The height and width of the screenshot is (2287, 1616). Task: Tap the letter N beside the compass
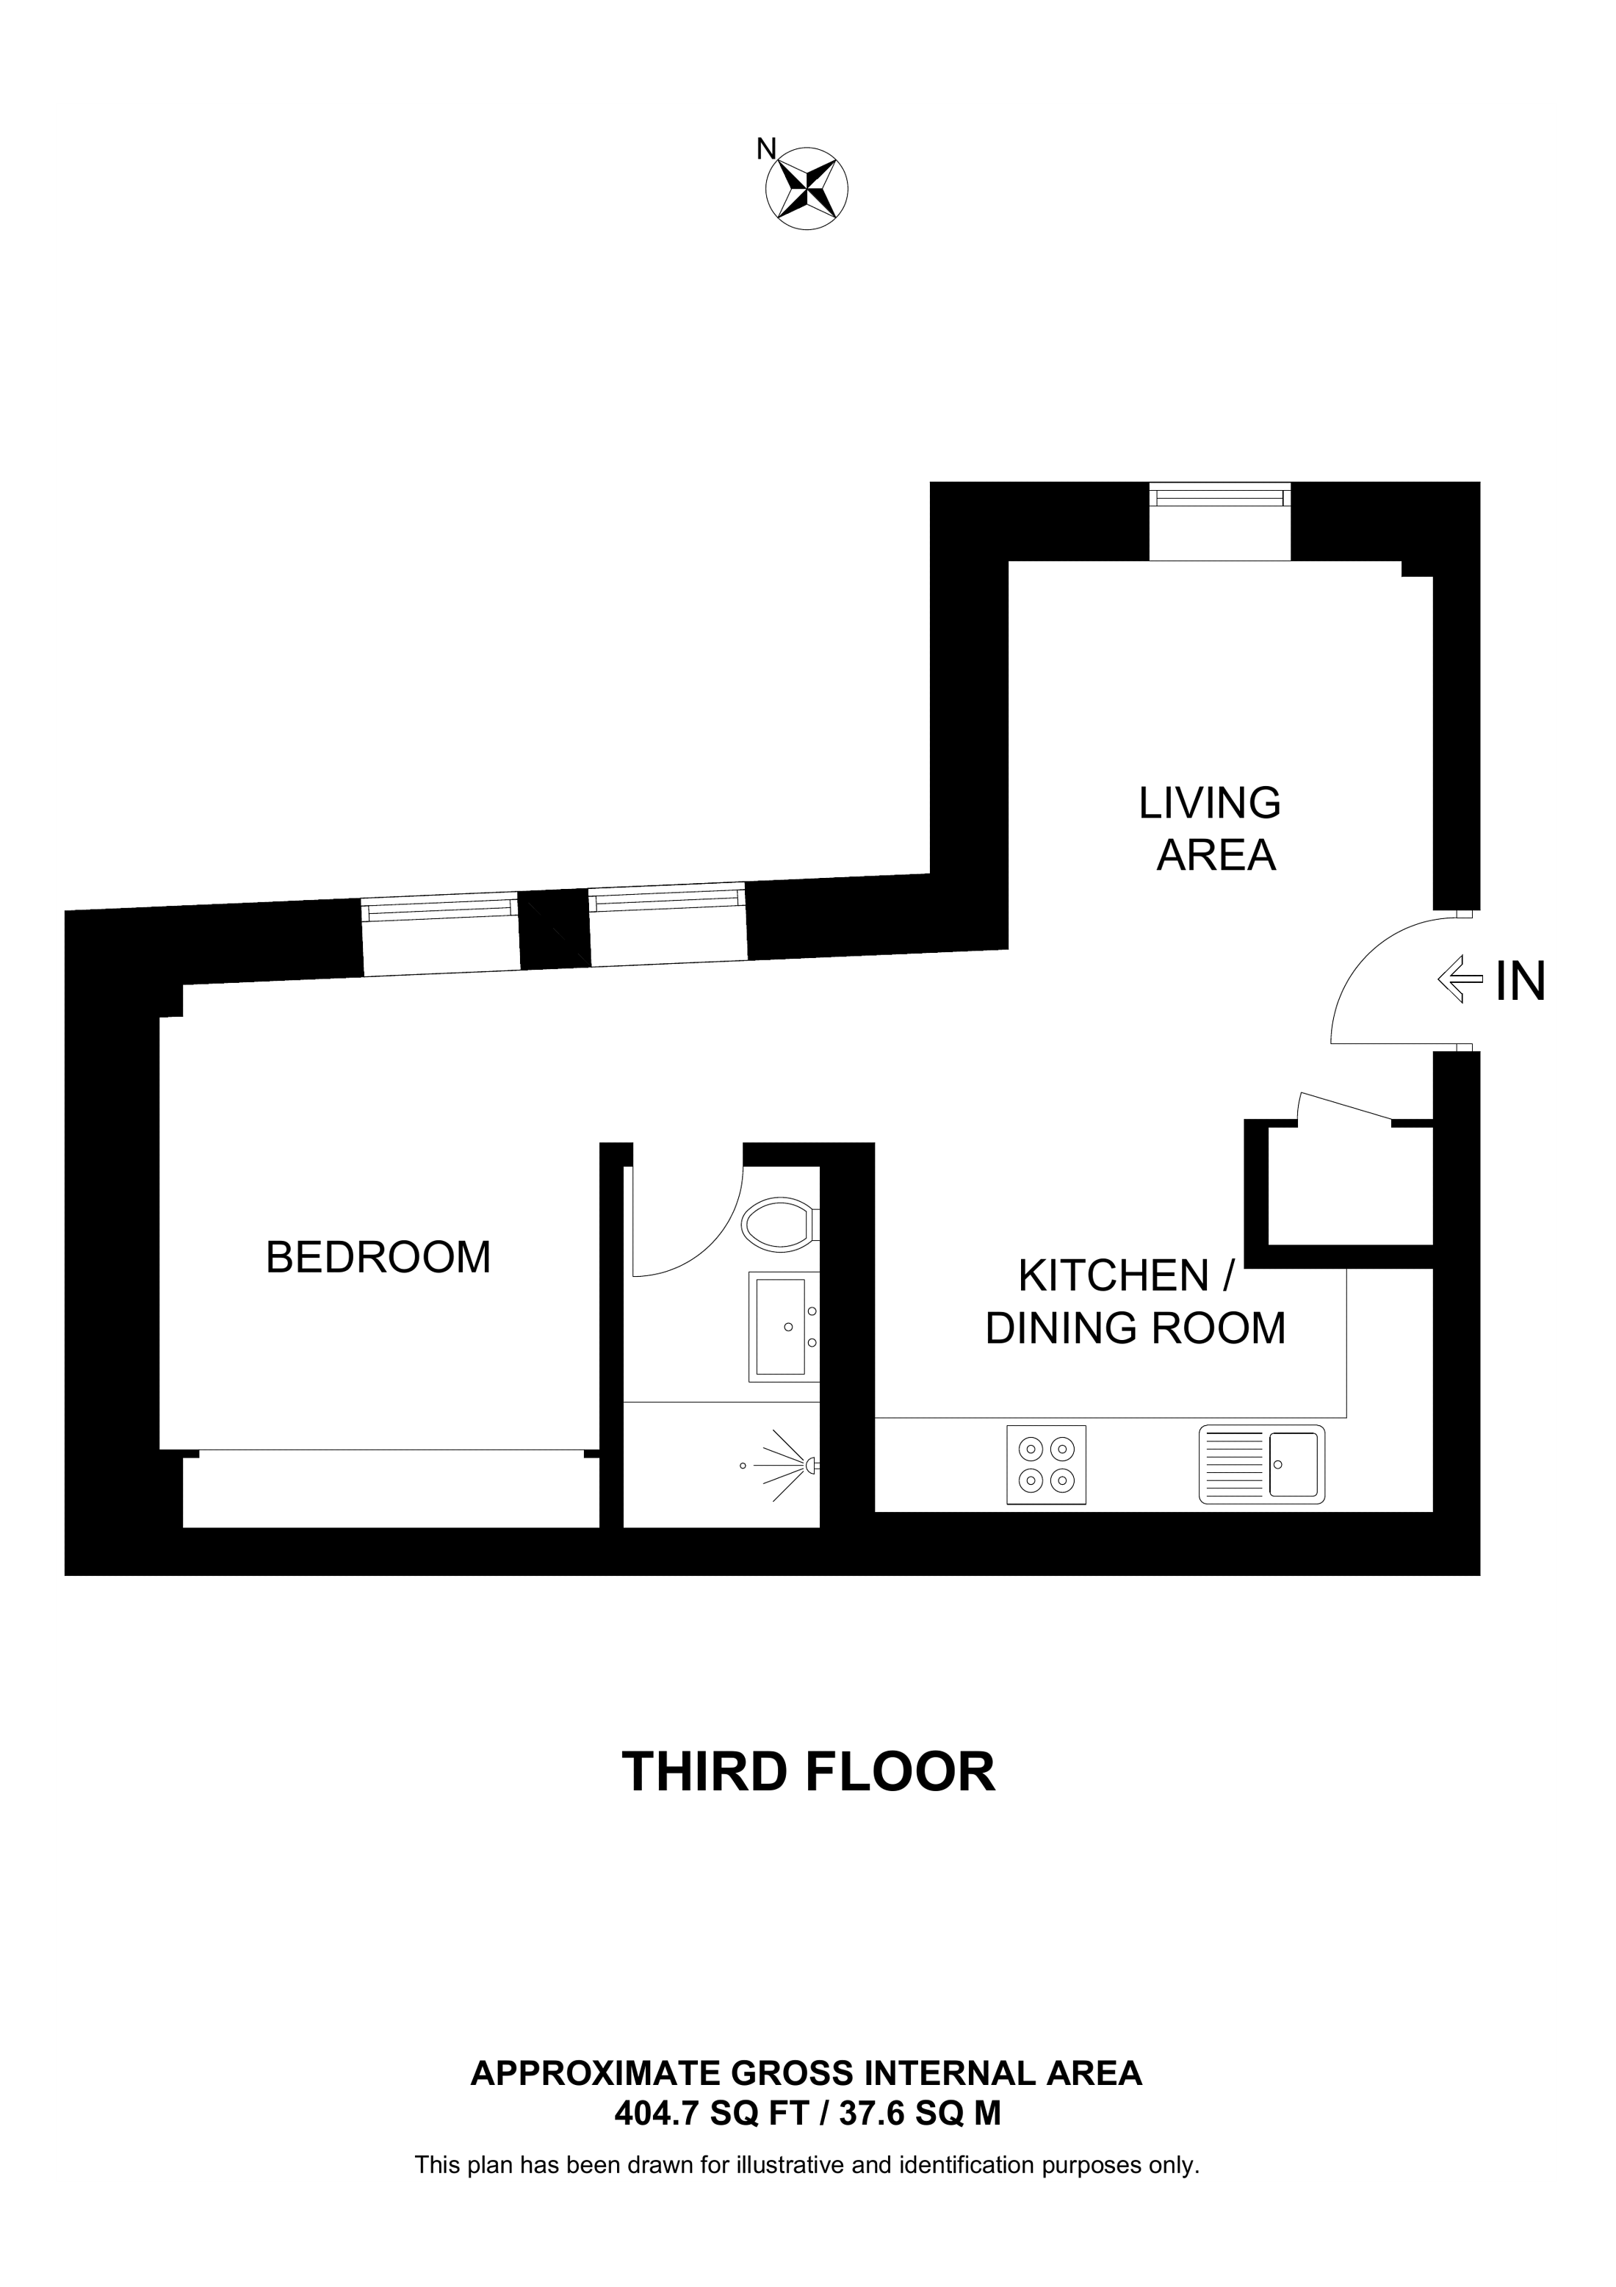coord(765,149)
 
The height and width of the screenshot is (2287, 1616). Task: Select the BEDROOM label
coord(378,1257)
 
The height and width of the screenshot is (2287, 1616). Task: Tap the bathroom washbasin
coord(784,1327)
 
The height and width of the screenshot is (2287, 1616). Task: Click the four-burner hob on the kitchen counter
coord(1047,1463)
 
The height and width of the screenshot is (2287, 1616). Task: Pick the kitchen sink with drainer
coord(1263,1463)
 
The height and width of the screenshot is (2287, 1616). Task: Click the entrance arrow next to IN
coord(1459,979)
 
